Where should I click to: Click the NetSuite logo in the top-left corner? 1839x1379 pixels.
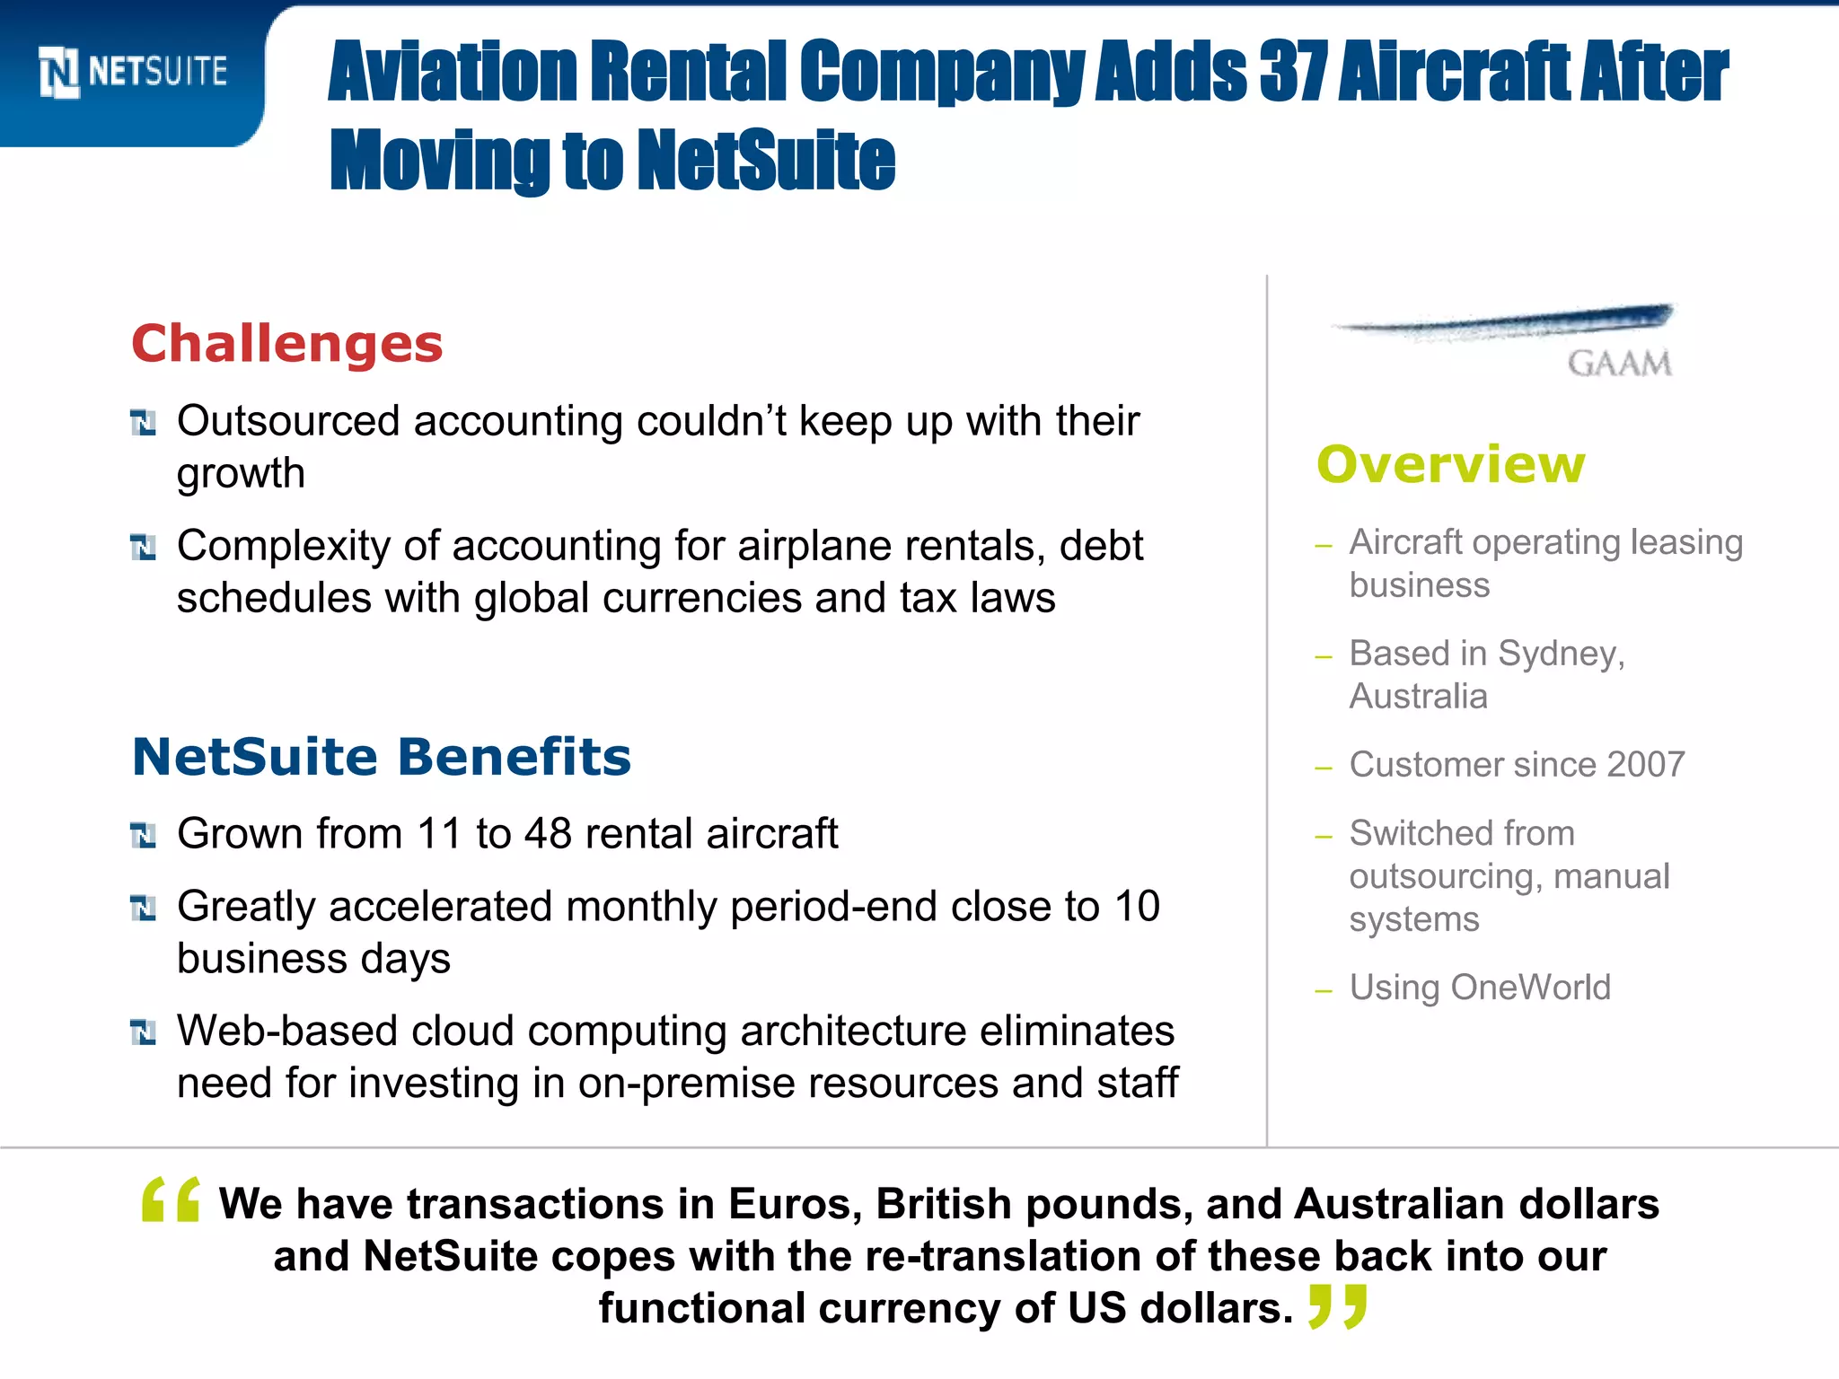133,72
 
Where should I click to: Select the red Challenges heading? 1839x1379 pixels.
287,344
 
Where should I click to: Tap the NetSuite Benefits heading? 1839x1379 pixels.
382,757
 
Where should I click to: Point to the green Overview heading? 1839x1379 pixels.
1451,465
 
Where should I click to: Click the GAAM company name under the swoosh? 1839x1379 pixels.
1619,364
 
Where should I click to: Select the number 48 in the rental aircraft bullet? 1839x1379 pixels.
548,834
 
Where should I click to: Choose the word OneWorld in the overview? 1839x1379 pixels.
1531,988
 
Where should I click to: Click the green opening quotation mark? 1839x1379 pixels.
172,1199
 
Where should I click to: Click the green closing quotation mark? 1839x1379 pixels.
1338,1306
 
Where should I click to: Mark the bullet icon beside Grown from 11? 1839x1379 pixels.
144,836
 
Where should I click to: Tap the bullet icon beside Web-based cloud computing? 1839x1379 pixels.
144,1032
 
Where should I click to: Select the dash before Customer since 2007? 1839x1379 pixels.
1323,769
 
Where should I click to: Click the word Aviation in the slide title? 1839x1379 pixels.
452,72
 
